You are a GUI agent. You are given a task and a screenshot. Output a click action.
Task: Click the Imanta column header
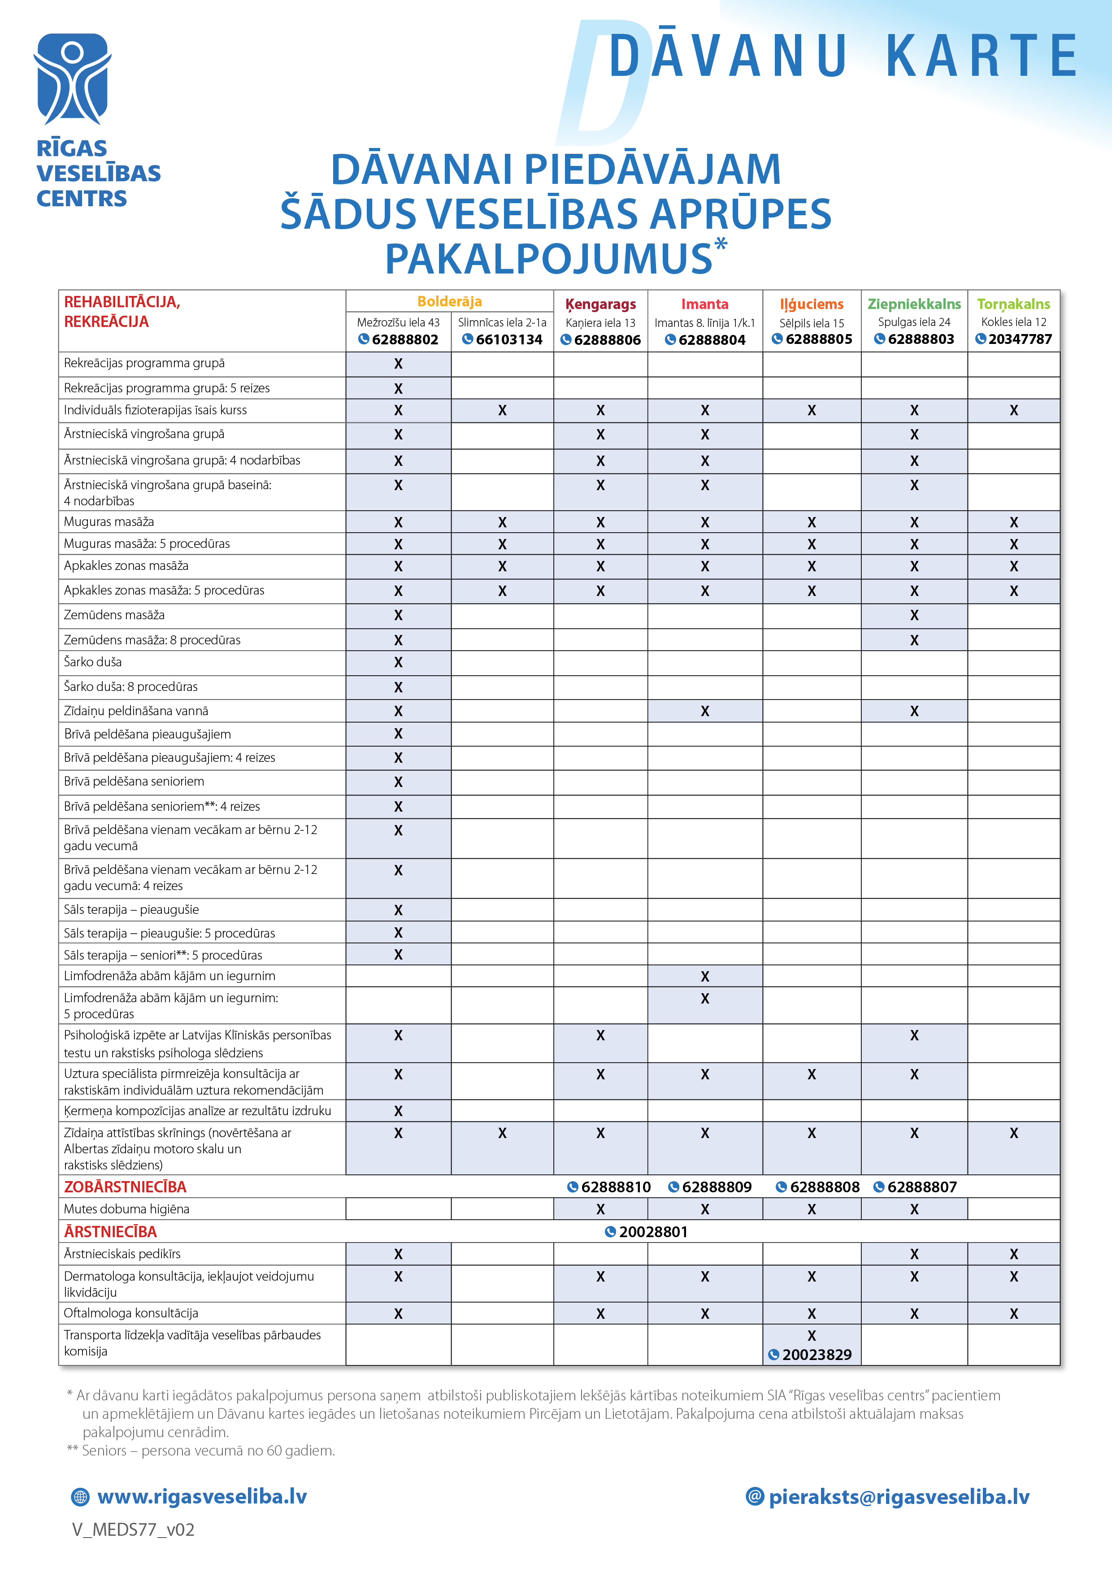[704, 304]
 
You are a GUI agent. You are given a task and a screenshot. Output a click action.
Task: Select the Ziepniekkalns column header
[914, 304]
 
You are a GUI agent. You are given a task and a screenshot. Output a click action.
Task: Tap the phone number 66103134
[508, 340]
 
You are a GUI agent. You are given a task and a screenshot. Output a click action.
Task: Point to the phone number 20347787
[1020, 339]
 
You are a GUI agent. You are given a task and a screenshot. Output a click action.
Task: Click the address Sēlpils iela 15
[811, 323]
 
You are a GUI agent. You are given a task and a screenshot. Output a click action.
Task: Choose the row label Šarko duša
[92, 662]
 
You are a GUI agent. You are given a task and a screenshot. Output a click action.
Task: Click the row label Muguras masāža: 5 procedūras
[147, 544]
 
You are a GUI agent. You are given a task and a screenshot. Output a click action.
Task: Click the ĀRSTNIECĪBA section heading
[110, 1232]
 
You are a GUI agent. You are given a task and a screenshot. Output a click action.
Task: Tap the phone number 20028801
[652, 1232]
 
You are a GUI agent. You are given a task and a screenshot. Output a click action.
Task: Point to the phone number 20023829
[816, 1355]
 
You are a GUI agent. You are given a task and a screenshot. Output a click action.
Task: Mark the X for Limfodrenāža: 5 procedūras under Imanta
[704, 999]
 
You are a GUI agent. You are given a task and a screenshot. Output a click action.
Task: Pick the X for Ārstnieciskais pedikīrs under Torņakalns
[1013, 1255]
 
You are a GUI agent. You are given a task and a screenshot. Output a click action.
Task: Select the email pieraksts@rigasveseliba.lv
[898, 1497]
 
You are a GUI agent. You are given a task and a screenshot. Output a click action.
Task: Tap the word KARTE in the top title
[981, 56]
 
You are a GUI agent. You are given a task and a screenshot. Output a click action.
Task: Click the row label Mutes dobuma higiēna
[126, 1209]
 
